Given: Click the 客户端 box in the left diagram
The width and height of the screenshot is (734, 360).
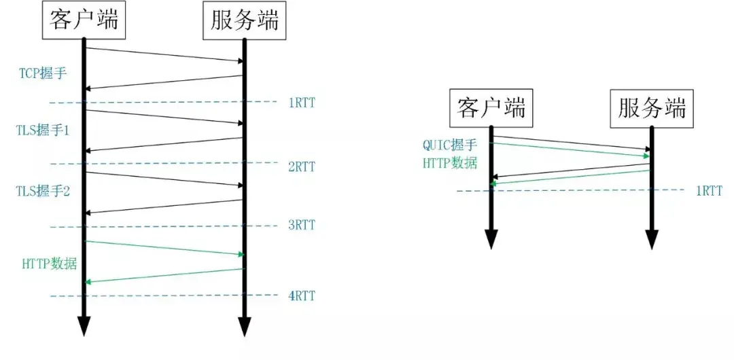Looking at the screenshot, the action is coord(84,20).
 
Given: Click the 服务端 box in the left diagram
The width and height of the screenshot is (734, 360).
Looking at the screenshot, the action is coord(243,20).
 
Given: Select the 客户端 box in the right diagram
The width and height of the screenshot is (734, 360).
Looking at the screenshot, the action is coord(491,108).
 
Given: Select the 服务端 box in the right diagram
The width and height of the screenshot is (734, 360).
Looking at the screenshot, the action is coord(651,108).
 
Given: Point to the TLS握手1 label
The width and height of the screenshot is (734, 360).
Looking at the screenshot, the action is coord(43,129).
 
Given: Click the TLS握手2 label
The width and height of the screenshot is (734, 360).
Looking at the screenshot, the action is coord(43,192).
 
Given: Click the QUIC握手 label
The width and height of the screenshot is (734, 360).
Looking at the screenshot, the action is coord(450,145).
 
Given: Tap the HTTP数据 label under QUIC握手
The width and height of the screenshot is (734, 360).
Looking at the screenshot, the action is coord(450,163).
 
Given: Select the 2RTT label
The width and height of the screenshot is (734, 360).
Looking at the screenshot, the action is coord(302,166).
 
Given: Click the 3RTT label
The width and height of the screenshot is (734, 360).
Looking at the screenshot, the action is coord(302,226).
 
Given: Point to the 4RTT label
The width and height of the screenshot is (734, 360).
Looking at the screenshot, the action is coord(302,296).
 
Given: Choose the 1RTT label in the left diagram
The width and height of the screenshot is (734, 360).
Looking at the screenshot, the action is coord(302,103).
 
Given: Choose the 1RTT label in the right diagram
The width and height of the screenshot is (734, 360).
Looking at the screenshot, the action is coord(709,191).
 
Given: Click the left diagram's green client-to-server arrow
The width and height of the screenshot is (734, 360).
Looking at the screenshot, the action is coord(163,248).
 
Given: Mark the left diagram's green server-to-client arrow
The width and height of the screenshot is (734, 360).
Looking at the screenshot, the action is coord(163,275).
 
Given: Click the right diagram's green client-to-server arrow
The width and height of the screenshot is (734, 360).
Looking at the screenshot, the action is coord(571,149).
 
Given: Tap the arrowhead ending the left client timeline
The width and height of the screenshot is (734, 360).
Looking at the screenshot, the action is coord(84,327).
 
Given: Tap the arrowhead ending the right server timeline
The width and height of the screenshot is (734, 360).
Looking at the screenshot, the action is coord(651,240).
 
